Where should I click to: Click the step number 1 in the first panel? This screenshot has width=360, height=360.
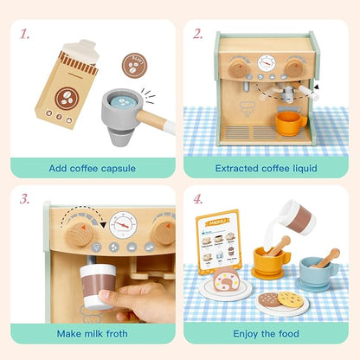point(25,35)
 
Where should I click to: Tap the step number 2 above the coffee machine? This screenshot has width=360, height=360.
point(198,35)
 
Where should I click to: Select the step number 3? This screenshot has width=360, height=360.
point(25,200)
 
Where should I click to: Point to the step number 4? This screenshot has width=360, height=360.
point(198,200)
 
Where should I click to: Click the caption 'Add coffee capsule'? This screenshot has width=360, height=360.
point(92,167)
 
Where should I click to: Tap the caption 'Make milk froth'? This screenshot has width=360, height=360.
point(92,332)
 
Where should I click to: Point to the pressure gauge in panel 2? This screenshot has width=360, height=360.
point(267,63)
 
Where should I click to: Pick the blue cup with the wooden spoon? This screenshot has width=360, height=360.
point(318,272)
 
